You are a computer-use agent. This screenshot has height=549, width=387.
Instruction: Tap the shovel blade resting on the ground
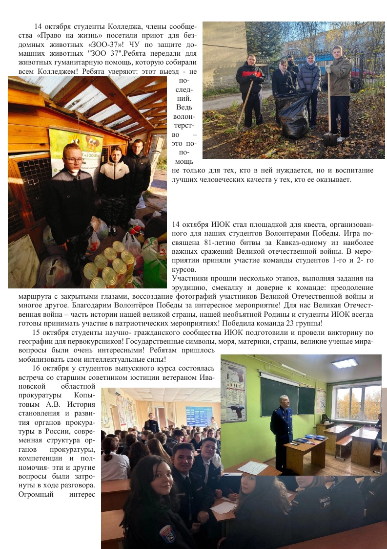[330, 139]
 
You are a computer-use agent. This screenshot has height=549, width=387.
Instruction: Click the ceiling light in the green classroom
[345, 363]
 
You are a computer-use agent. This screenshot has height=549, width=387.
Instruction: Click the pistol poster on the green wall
[233, 391]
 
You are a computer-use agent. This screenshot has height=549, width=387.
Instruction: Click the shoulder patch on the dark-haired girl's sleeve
[167, 533]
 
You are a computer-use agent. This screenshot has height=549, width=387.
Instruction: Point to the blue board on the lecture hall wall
[199, 416]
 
